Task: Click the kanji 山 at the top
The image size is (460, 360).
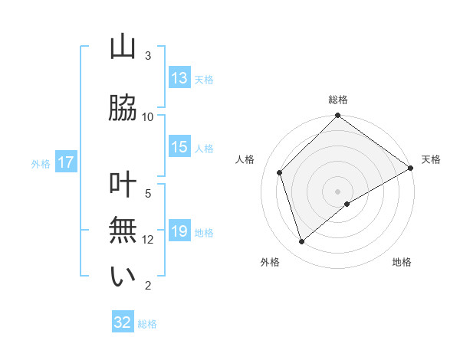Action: coord(123,47)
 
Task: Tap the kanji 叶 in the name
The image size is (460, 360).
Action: coord(123,186)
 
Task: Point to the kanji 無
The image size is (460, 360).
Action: coord(123,231)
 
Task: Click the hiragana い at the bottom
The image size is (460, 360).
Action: coord(123,276)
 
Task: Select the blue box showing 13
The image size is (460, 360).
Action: coord(179,78)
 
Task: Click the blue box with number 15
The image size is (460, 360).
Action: coord(179,147)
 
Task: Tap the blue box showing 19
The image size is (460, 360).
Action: coord(179,231)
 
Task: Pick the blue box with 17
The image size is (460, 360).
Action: coord(65,162)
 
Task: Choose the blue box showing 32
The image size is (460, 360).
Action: coord(123,322)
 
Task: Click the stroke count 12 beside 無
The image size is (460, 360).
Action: coord(148,240)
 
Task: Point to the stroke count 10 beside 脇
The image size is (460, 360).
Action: coord(148,116)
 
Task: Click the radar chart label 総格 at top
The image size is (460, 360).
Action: coord(337,100)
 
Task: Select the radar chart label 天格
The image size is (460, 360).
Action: coord(431,159)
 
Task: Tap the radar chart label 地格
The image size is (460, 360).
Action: coord(402,263)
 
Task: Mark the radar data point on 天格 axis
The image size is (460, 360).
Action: coord(411,168)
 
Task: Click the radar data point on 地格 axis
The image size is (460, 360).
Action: coord(347,204)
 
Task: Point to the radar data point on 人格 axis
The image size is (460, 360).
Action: coord(280,172)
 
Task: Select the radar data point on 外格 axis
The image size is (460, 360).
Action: coord(302,242)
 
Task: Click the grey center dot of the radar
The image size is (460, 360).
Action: coord(337,191)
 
